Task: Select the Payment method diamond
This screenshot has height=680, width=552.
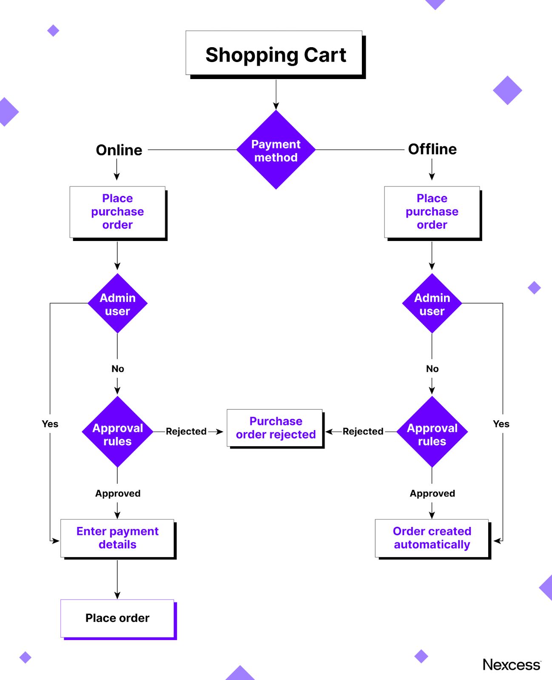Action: [276, 150]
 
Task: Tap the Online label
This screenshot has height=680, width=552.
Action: [119, 150]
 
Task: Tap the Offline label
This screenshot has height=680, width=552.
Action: [432, 149]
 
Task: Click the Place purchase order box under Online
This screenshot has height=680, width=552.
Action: [117, 212]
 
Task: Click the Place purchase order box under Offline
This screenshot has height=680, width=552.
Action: [432, 212]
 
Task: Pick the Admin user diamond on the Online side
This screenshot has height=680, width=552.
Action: [117, 304]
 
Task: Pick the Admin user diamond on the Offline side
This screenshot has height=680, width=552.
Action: [432, 304]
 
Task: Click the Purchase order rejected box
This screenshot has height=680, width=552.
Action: [276, 428]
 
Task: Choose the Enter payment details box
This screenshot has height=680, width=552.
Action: [117, 538]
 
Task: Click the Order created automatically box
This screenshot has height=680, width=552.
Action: [432, 538]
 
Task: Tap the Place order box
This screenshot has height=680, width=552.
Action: [117, 618]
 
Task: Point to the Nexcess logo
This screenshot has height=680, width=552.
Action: [511, 665]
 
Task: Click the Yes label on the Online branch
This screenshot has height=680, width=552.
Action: [50, 424]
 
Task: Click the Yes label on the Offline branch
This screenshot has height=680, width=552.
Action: [501, 424]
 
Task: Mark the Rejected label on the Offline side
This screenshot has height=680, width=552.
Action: [363, 431]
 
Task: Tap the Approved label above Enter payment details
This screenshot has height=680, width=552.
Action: [118, 493]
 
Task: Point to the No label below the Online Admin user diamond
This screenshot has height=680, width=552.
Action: [118, 368]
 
